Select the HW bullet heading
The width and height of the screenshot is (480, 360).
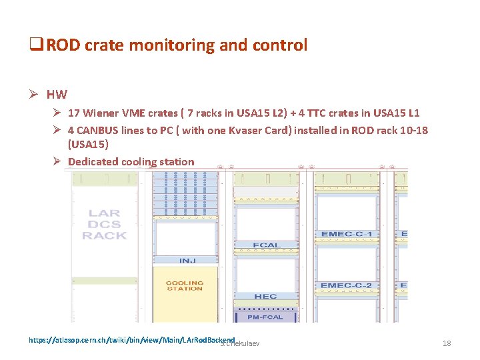click(x=57, y=95)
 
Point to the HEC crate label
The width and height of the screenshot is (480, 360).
click(x=265, y=296)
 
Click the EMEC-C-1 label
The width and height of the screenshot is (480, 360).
click(x=346, y=235)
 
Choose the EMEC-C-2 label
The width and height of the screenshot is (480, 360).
click(x=346, y=286)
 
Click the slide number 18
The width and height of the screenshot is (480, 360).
click(x=447, y=343)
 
